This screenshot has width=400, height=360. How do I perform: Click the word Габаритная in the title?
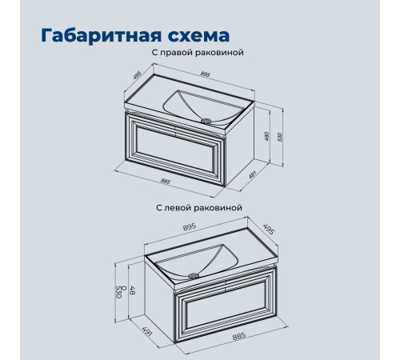102,36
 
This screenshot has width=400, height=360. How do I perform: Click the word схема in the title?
198,36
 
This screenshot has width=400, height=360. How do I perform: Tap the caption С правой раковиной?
198,52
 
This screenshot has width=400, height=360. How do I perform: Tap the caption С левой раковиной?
199,207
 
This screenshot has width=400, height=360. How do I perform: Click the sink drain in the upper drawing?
206,121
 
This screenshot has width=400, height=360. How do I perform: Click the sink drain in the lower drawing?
194,275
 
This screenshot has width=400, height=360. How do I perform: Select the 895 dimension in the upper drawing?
205,74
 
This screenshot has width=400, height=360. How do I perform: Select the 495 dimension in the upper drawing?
137,75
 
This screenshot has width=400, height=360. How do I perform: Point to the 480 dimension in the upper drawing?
267,137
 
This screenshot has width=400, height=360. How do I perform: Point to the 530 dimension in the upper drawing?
280,137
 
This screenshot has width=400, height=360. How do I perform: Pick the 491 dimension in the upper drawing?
252,174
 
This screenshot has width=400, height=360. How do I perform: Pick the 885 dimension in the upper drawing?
166,182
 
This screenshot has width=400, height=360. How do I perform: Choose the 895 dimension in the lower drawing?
190,227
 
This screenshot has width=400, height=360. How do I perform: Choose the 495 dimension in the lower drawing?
268,230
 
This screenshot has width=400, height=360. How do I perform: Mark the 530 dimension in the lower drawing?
118,292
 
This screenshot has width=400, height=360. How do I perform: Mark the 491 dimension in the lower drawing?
147,330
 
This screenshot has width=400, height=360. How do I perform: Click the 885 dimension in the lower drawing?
239,336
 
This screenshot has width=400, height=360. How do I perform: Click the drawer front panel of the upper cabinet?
175,150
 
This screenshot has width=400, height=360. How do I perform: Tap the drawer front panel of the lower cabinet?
226,306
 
